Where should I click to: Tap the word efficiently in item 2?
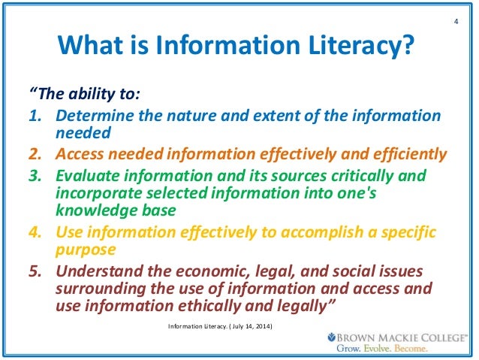[406, 156]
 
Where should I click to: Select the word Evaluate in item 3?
[89, 176]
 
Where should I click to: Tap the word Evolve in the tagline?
[380, 349]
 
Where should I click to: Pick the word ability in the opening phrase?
[80, 95]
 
